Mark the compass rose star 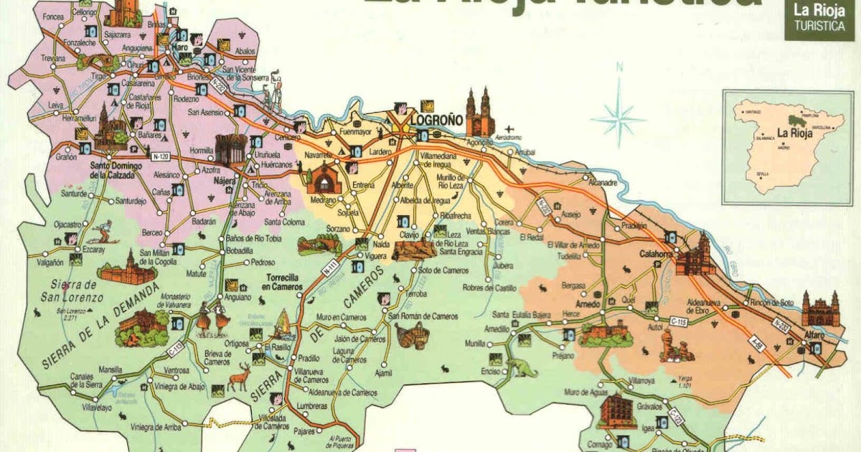click(x=618, y=116)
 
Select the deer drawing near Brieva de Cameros click(x=239, y=376)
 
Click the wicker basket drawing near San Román click(x=413, y=335)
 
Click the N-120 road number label click(x=161, y=154)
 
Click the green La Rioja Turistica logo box click(x=818, y=19)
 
